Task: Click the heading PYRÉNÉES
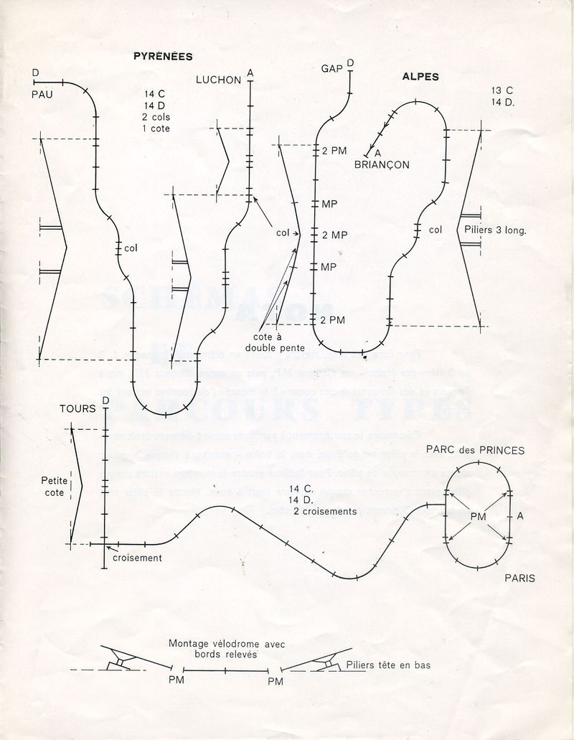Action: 163,56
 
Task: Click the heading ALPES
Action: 420,77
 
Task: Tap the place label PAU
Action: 42,94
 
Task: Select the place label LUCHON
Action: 218,80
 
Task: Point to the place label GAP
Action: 331,69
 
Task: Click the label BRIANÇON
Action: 382,164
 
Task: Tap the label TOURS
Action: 77,409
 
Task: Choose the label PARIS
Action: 519,578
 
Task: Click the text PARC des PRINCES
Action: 475,451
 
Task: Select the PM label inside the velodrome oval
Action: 479,516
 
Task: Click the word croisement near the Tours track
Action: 137,558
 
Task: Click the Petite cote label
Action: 54,487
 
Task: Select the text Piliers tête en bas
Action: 388,665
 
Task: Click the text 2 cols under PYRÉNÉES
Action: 157,116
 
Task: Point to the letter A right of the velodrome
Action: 520,516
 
